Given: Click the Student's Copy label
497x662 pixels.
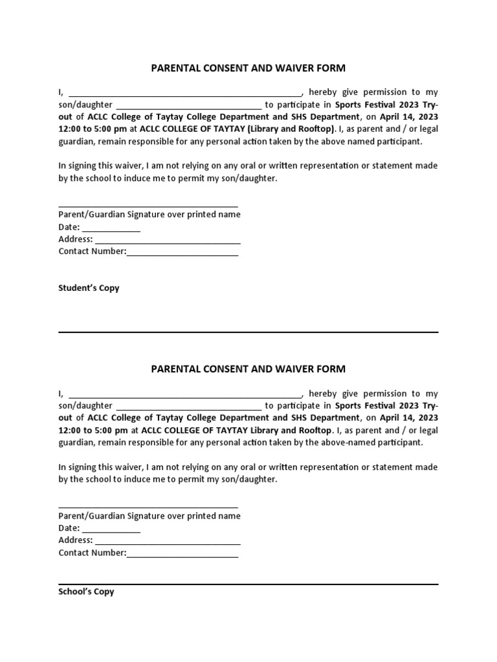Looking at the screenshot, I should pos(89,288).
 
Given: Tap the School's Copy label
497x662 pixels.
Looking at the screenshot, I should pos(86,591).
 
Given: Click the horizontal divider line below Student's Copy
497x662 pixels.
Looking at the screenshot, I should pos(248,332).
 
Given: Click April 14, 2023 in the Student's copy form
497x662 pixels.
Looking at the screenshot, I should pos(408,116).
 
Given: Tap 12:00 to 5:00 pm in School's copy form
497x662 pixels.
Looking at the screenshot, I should pos(93,431).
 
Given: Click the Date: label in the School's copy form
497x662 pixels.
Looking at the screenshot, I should pos(69,528).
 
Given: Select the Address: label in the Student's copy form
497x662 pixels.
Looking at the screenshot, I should pos(76,239).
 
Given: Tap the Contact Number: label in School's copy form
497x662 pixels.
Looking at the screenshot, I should pos(92,553).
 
